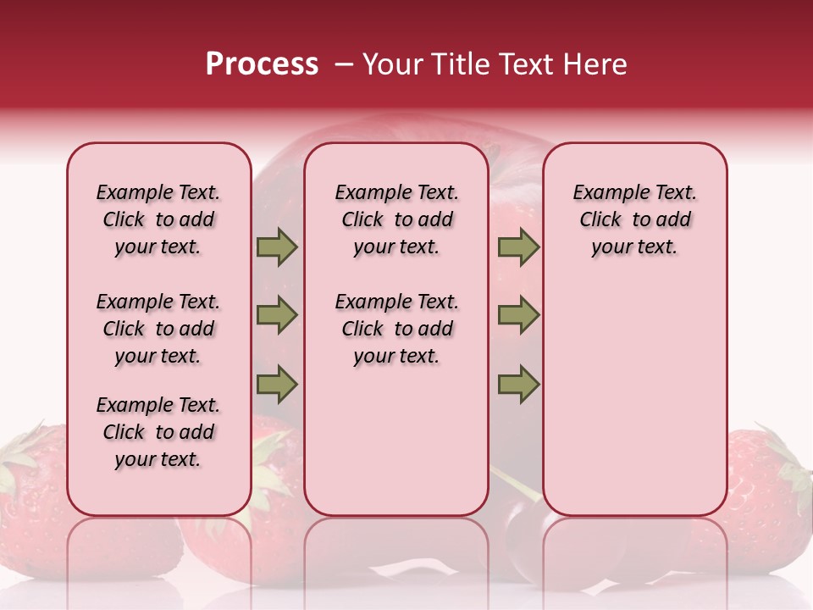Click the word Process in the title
coord(262,64)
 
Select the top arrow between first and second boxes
coord(277,247)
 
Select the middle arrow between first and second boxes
coord(277,315)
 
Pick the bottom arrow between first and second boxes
coord(277,385)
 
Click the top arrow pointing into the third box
coord(518,247)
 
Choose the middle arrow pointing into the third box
coord(518,315)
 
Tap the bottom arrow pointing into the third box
coord(518,385)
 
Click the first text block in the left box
coord(158,219)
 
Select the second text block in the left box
coord(158,329)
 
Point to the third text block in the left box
coord(158,432)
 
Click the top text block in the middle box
coord(396,219)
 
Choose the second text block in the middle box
coord(396,329)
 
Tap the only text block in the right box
coord(635,219)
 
